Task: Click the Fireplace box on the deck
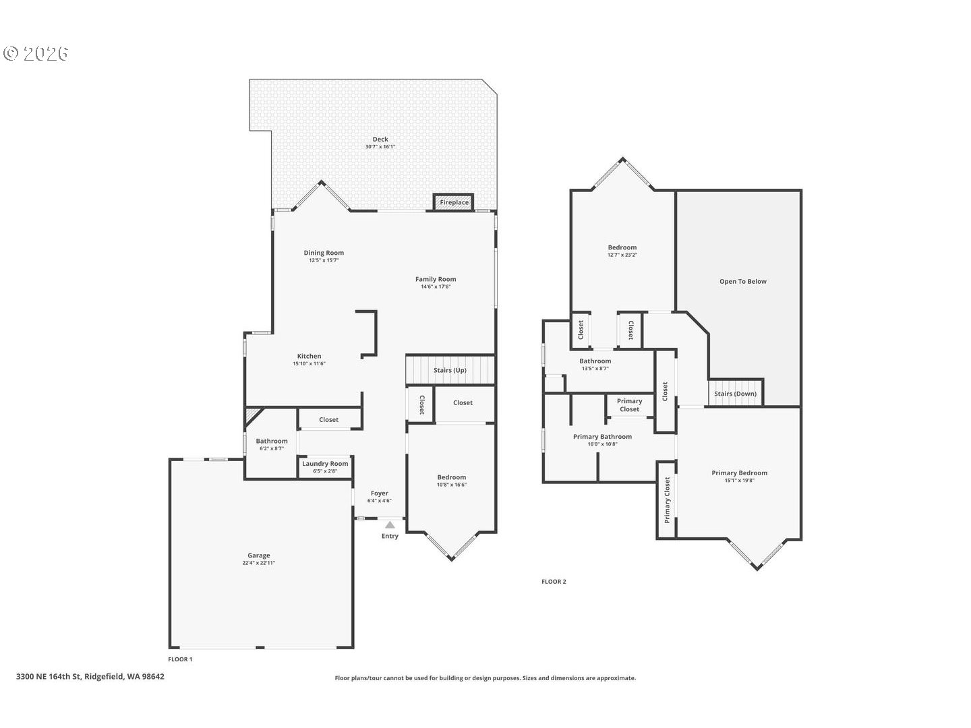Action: coord(454,202)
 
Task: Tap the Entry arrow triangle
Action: coord(390,524)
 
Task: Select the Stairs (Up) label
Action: coord(450,370)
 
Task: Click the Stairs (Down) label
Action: coord(735,394)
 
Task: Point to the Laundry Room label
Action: coord(325,464)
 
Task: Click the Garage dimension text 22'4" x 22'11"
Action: coord(259,563)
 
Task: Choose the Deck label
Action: coord(380,140)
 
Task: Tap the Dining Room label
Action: coord(324,253)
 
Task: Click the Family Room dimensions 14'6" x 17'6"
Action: coord(436,286)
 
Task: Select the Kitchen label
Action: coord(309,356)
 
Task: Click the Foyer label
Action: coord(380,493)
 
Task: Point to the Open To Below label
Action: coord(742,282)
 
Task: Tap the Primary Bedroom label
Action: coord(739,473)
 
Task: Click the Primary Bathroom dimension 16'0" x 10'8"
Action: coord(602,444)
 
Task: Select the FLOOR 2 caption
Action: coord(554,581)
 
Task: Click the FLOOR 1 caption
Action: coord(180,659)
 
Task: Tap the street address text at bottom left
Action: coord(90,676)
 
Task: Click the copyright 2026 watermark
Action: coord(36,53)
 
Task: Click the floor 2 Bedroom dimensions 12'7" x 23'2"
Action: coord(622,255)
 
